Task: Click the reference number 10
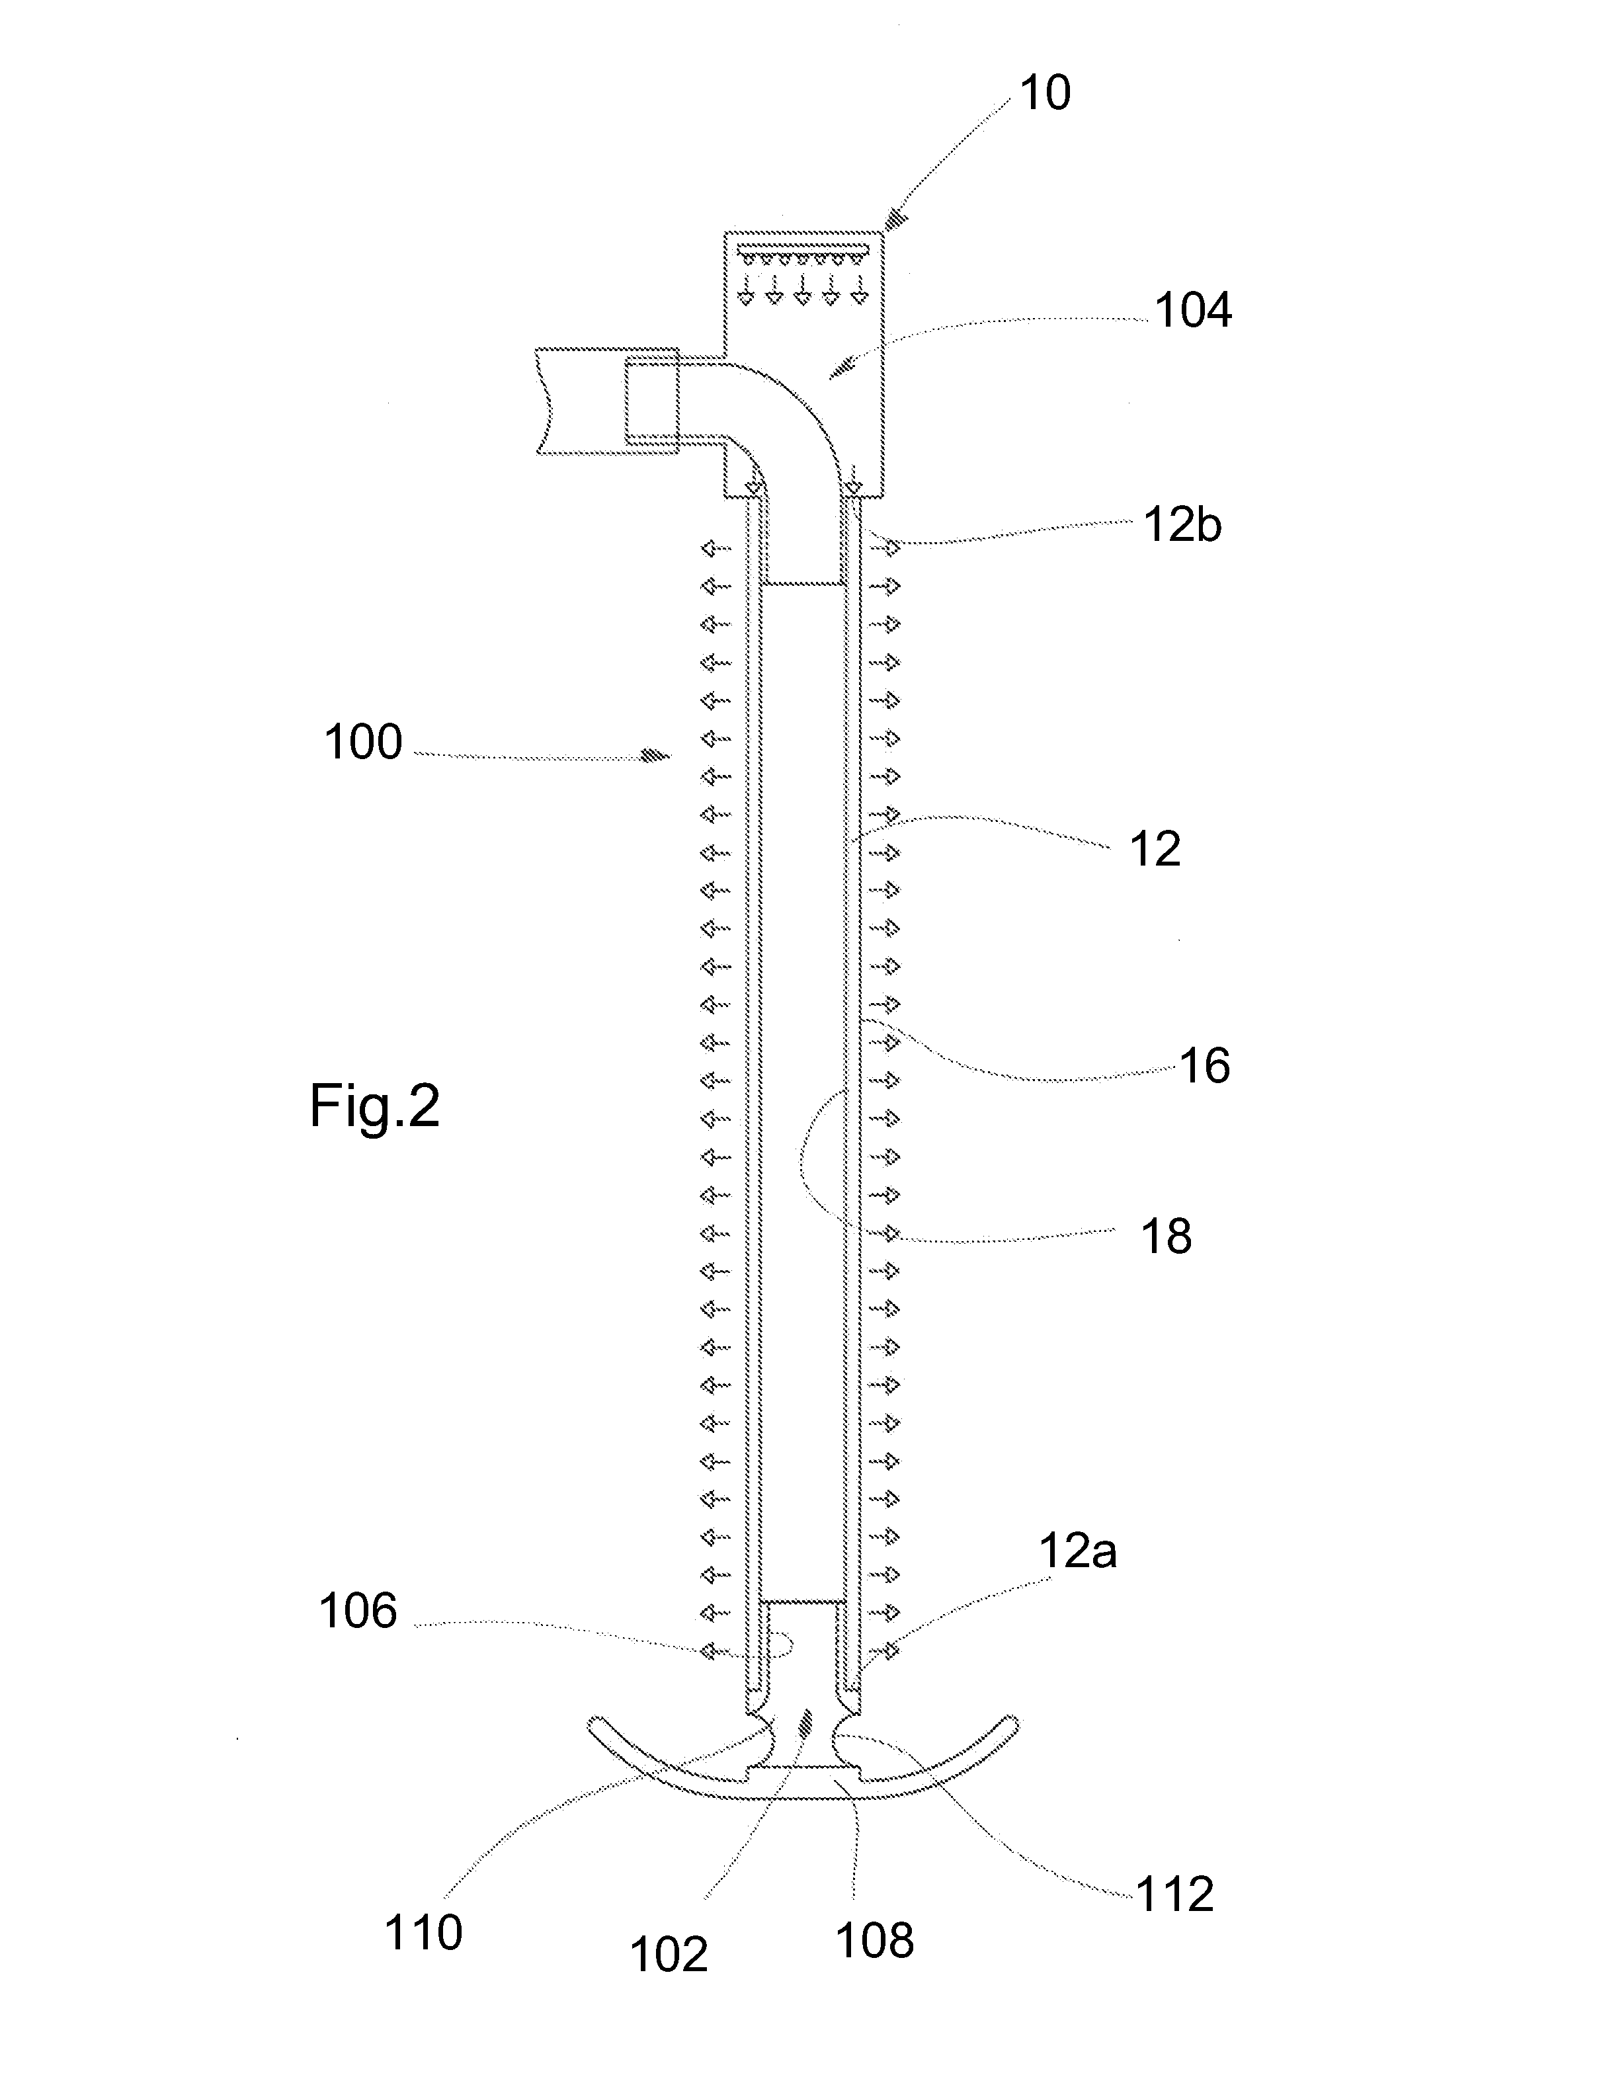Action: (1045, 93)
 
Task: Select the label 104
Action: (1193, 310)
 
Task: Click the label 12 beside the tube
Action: (1155, 848)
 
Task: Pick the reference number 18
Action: (1167, 1236)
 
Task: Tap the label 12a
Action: (1078, 1551)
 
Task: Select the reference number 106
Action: (358, 1611)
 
